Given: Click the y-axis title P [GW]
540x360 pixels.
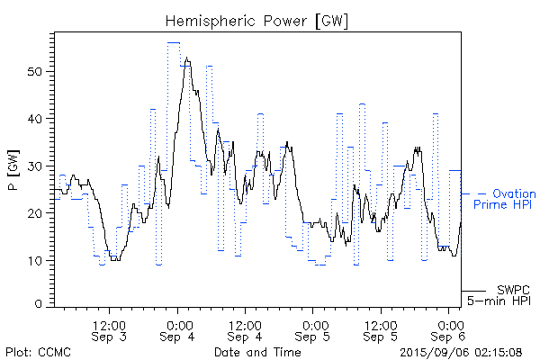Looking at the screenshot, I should pos(13,167).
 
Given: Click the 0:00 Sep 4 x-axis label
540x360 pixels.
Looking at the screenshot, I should pos(178,329).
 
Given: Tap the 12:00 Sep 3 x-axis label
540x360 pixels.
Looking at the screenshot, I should pos(110,329).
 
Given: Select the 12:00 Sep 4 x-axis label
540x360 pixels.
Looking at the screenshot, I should pos(246,329).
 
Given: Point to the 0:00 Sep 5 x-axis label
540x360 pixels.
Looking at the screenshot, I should pos(314,329).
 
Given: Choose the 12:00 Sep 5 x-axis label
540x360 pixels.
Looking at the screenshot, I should pos(382,329).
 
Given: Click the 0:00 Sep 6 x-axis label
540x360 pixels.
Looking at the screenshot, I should pos(449,329).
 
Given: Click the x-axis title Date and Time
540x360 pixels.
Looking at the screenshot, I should pos(257,351).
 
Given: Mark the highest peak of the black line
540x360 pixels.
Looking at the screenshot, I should pos(186,58).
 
